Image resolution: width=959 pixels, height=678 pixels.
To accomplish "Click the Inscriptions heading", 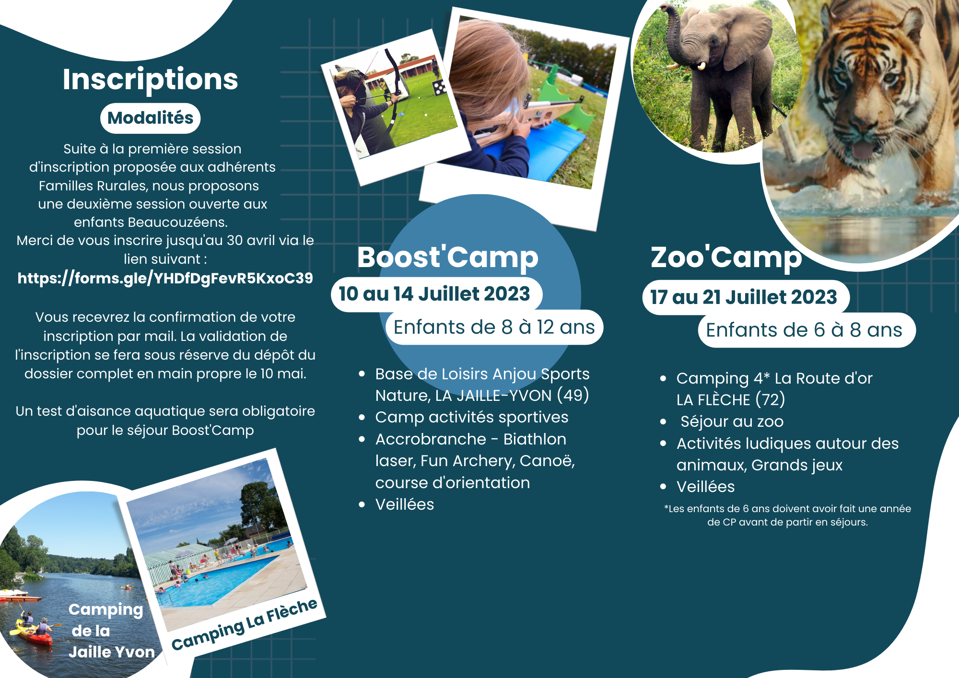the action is [150, 80].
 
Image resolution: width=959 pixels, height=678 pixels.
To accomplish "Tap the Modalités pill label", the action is [150, 118].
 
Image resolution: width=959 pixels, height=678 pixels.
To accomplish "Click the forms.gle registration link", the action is [165, 278].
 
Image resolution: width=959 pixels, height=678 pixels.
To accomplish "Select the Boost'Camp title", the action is [448, 258].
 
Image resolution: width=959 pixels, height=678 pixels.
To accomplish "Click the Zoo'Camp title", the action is [726, 258].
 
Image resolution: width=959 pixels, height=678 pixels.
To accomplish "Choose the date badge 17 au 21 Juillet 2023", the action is [746, 297].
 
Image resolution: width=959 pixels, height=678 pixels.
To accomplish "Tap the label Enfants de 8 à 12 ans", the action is [494, 327].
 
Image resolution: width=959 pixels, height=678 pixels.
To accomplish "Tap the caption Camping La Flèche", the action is [245, 624].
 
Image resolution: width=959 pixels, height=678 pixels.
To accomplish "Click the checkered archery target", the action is [439, 87].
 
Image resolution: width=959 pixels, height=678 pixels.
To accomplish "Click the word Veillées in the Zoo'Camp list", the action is [705, 487].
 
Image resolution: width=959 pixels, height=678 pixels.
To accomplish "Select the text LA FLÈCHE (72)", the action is [731, 399].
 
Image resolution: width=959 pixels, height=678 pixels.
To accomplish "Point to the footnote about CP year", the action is [787, 515].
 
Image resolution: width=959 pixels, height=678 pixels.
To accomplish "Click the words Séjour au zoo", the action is [732, 421].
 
